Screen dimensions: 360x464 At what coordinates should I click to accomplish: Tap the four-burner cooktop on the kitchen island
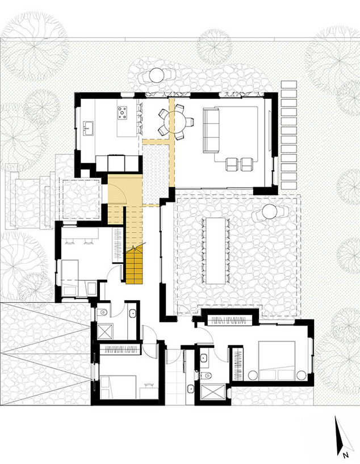(x=122, y=113)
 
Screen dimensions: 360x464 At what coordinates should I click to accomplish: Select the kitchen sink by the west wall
(x=88, y=128)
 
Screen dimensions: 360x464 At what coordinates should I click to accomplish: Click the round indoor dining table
(x=177, y=121)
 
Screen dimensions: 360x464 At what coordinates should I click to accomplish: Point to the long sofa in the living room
(x=211, y=130)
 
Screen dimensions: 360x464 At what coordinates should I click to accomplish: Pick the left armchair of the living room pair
(x=232, y=164)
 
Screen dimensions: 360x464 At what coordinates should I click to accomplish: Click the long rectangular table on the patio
(x=215, y=251)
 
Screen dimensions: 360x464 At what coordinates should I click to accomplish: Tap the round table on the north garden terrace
(x=156, y=75)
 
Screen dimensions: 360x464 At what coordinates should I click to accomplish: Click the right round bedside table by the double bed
(x=302, y=375)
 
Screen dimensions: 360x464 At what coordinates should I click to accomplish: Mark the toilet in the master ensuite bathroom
(x=206, y=376)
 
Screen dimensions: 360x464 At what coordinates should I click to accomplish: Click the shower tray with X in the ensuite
(x=213, y=392)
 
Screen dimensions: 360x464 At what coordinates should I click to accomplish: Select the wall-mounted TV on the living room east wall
(x=269, y=131)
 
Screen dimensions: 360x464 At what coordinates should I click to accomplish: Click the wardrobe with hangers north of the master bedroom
(x=229, y=320)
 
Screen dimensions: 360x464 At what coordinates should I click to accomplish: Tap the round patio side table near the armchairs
(x=270, y=212)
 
